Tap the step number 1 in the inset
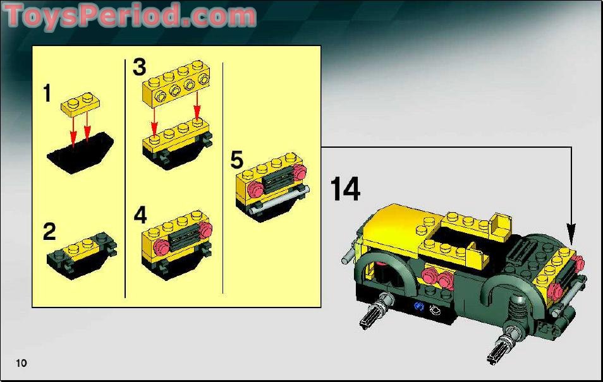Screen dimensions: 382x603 47,93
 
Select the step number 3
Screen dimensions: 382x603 139,68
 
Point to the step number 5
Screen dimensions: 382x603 236,160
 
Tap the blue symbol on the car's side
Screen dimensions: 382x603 418,309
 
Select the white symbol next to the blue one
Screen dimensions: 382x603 433,309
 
